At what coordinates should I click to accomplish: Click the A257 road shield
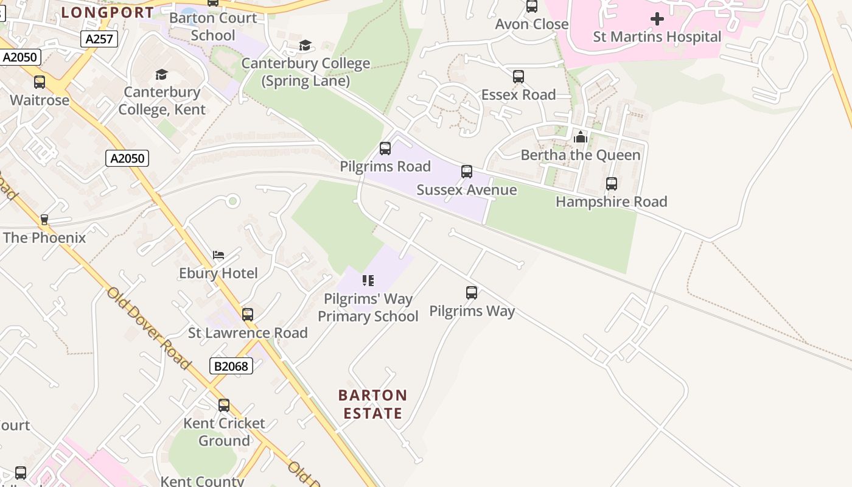(99, 39)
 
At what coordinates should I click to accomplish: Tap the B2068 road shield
(231, 366)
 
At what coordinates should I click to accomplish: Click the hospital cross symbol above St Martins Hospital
(657, 19)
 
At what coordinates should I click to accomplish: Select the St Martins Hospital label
(657, 37)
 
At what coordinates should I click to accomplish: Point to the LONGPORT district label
(107, 12)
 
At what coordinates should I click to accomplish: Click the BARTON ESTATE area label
(373, 405)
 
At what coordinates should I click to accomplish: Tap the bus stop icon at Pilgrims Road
(385, 149)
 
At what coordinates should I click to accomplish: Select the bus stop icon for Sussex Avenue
(467, 172)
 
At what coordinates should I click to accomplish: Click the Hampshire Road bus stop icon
(612, 184)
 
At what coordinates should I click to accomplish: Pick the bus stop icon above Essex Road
(519, 77)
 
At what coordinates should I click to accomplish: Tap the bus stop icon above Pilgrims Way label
(472, 293)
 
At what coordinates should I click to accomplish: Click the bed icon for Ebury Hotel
(218, 254)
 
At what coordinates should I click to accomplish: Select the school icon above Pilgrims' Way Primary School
(368, 281)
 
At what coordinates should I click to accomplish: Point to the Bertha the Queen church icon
(581, 137)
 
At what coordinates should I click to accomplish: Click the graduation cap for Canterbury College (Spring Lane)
(305, 46)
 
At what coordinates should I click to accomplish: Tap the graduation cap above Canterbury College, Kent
(161, 74)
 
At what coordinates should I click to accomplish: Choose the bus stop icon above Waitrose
(40, 82)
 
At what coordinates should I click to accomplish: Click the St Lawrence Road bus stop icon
(248, 315)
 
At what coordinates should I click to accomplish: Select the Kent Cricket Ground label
(225, 432)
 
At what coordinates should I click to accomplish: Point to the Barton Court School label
(213, 27)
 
